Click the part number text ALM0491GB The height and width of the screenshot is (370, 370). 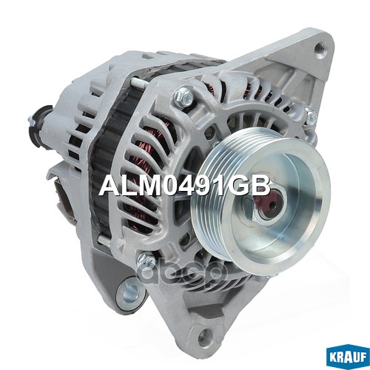point(185,186)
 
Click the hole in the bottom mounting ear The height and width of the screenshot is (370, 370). point(203,334)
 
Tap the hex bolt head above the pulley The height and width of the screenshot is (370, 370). point(184,95)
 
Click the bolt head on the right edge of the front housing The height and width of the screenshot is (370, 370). point(312,115)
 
